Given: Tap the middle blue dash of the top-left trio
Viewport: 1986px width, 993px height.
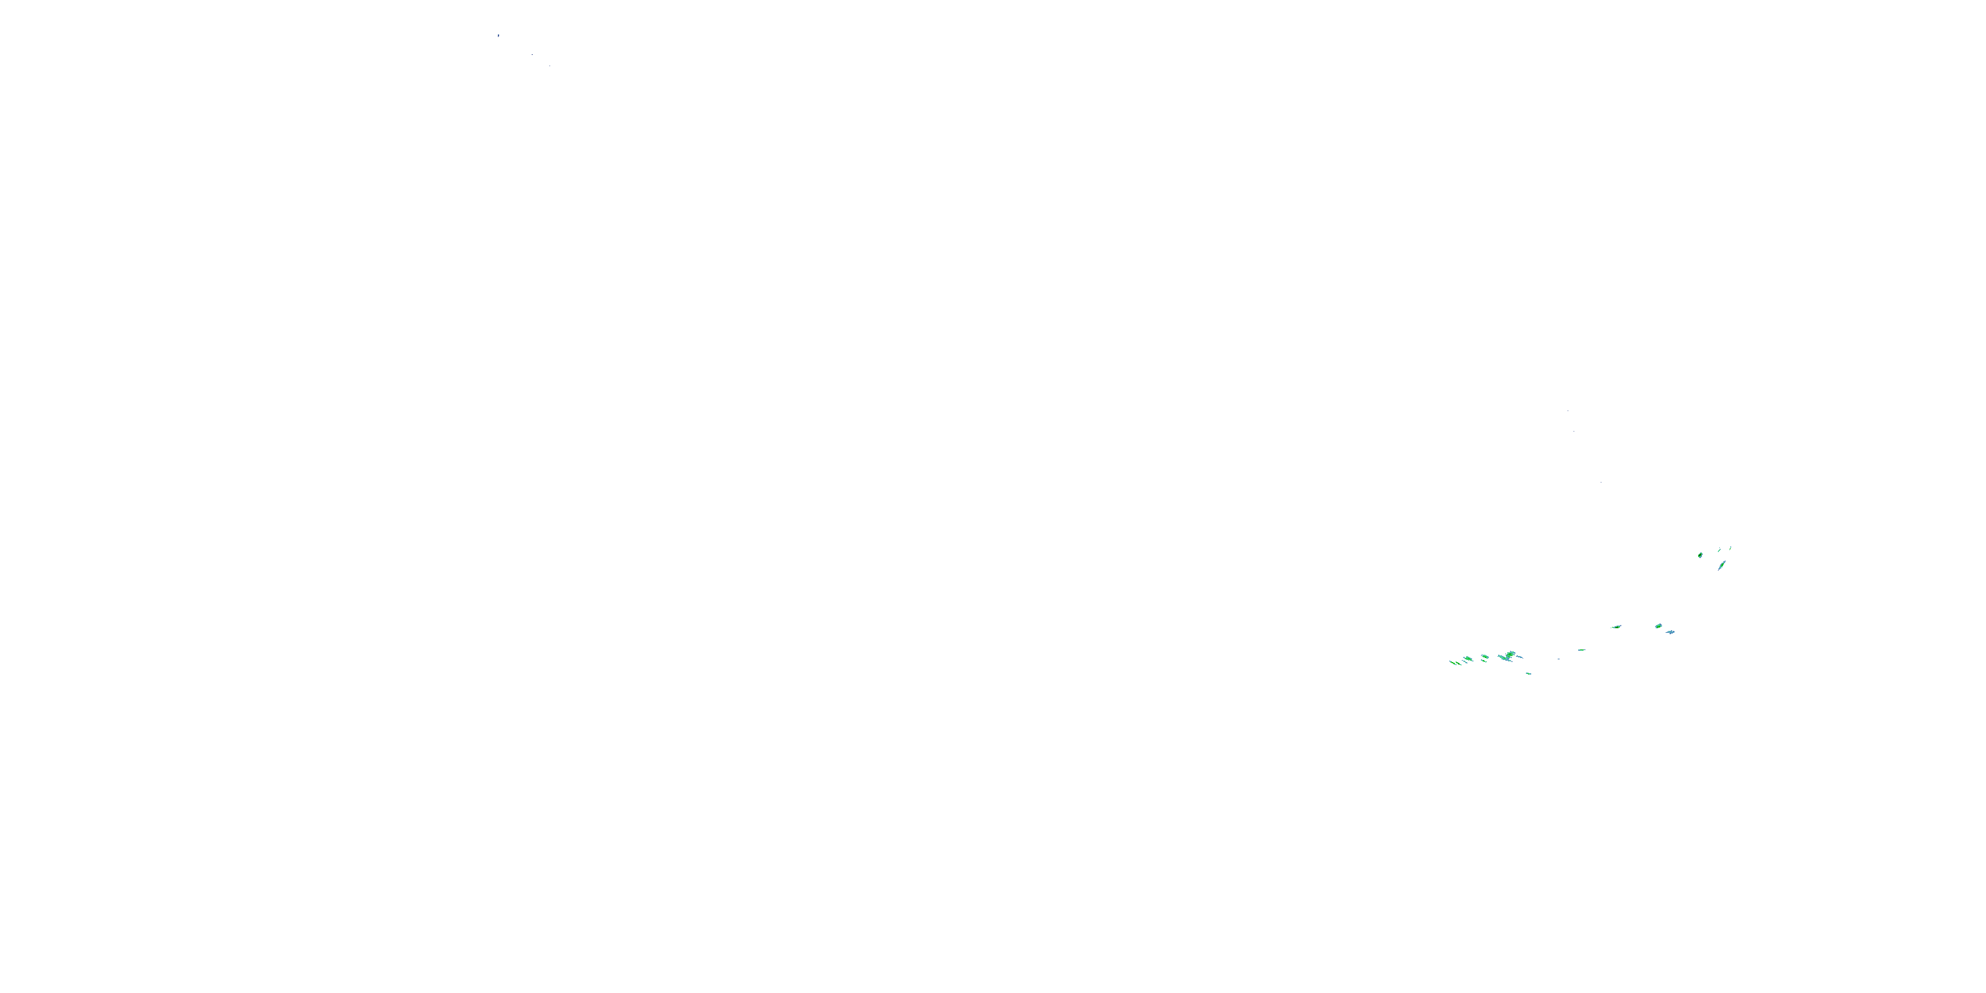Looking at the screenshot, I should coord(532,55).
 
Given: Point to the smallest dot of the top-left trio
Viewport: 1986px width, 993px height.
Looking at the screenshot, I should coord(549,66).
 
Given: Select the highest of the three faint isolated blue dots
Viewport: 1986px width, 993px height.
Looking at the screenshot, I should coord(1568,411).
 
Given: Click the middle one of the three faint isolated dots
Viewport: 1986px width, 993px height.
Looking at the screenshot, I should coord(1574,430).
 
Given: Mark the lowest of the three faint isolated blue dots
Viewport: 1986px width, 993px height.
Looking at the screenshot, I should coord(1601,483).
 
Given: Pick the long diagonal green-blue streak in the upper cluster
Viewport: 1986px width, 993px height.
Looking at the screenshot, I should coord(1722,565).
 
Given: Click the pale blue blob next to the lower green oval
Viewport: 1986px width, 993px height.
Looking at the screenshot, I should coord(1670,632).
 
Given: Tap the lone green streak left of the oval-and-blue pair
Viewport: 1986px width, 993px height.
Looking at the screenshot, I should coord(1617,627).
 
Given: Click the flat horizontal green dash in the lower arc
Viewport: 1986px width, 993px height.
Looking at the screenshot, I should coord(1582,650).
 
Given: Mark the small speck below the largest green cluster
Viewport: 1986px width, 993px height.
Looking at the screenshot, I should coord(1529,674).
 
